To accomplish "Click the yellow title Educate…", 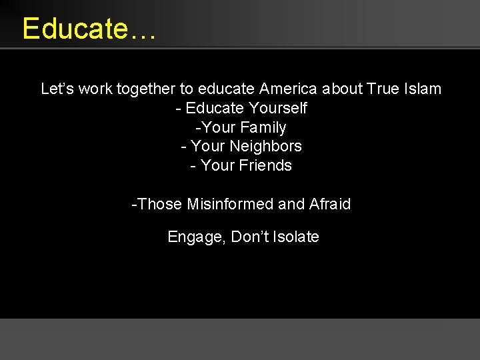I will pyautogui.click(x=89, y=29).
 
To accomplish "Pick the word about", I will pyautogui.click(x=342, y=89).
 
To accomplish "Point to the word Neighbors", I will pyautogui.click(x=265, y=146).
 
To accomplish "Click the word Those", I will pyautogui.click(x=160, y=204).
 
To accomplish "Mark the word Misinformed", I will pyautogui.click(x=230, y=204).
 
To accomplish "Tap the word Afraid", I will pyautogui.click(x=330, y=204).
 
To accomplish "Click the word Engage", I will pyautogui.click(x=196, y=237).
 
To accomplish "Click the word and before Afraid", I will pyautogui.click(x=291, y=204).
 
